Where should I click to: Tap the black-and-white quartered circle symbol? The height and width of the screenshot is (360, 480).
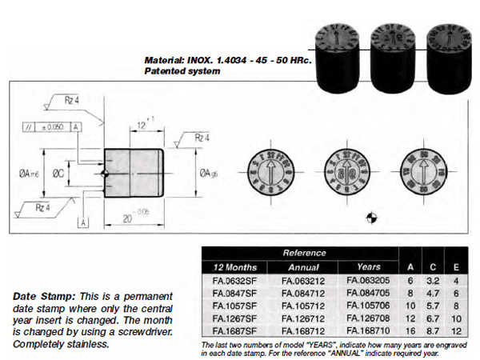pyautogui.click(x=370, y=216)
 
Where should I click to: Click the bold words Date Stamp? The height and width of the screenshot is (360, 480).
pyautogui.click(x=40, y=296)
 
